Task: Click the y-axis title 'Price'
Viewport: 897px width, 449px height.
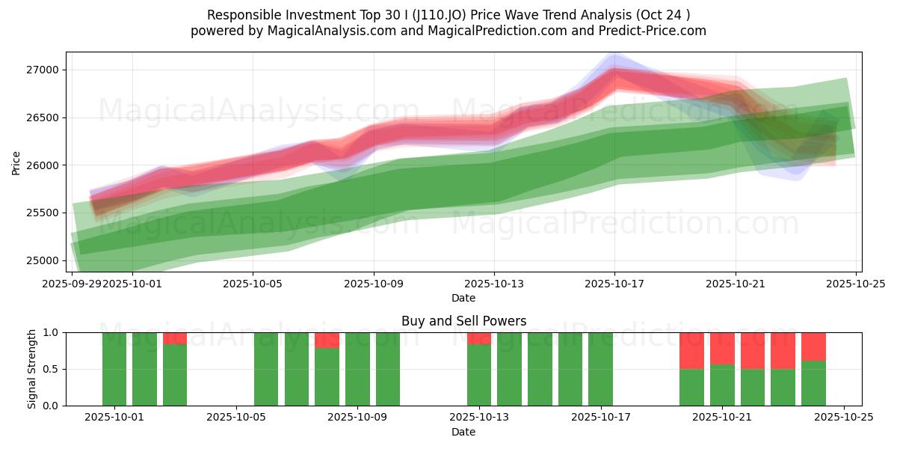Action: click(x=16, y=162)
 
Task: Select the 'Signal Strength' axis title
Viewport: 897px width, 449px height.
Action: click(x=32, y=369)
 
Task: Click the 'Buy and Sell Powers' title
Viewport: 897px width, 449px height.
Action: click(x=463, y=321)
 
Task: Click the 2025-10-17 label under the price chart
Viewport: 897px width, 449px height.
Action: click(x=614, y=284)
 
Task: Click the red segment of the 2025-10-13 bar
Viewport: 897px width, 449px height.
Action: click(x=479, y=338)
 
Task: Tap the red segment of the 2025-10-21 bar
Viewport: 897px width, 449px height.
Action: click(x=722, y=348)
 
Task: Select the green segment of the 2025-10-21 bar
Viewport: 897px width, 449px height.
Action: click(x=722, y=385)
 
